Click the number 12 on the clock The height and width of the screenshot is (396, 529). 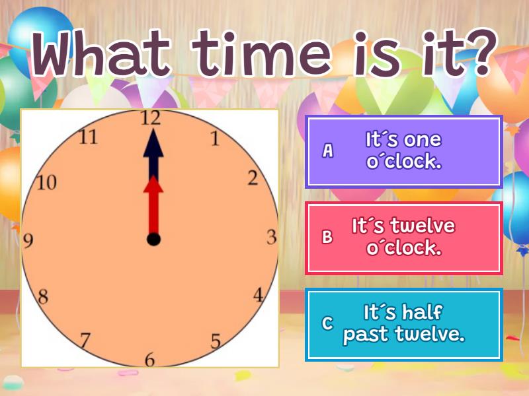coord(151,118)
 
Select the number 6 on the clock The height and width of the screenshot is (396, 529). coord(149,360)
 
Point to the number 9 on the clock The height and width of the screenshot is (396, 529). coord(28,241)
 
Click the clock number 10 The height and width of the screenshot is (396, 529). coord(46,183)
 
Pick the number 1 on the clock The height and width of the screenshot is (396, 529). coord(214,139)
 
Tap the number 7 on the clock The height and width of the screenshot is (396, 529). coord(85,341)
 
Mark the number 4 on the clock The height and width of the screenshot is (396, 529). coord(259,295)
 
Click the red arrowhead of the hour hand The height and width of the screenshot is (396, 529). coord(153,186)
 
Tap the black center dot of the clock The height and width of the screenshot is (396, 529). coord(153,239)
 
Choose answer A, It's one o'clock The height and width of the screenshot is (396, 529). coord(404,151)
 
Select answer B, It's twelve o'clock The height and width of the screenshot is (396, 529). coord(404,238)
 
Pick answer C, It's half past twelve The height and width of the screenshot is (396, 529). coord(404,324)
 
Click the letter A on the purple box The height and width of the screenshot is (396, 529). coord(327,151)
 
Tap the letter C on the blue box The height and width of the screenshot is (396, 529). coord(327,324)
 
